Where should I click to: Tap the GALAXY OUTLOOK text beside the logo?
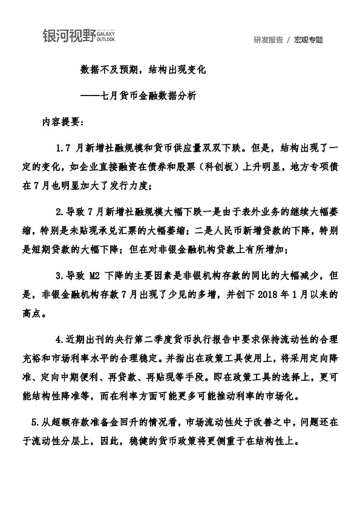tap(105, 37)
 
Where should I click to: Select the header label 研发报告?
tap(268, 40)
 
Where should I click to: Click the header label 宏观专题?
tap(309, 40)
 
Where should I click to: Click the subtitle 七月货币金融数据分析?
tap(148, 96)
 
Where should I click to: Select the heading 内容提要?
tap(64, 120)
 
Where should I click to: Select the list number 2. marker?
tap(59, 211)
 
